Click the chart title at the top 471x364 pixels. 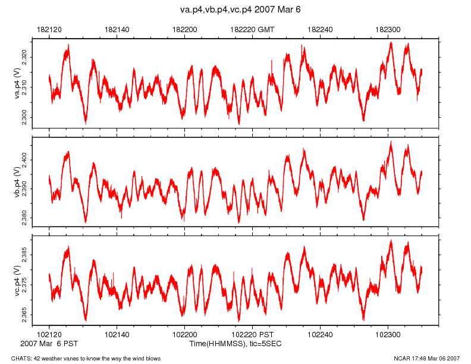click(x=241, y=10)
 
